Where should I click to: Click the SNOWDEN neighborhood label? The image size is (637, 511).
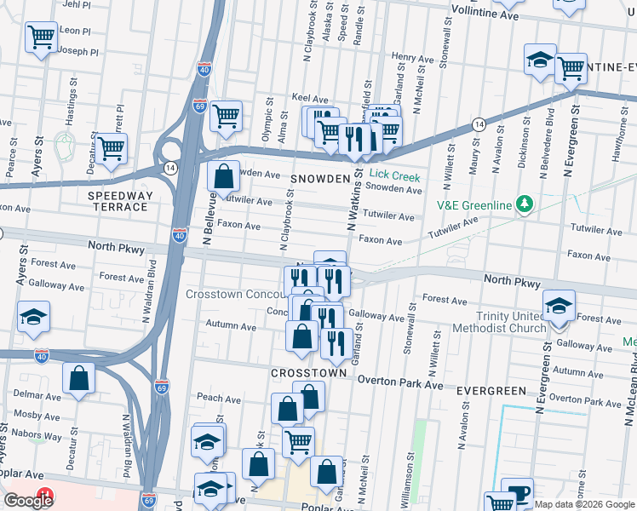pos(319,179)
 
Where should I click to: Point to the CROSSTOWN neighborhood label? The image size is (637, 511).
pos(308,373)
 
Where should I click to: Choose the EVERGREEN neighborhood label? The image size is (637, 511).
pos(491,390)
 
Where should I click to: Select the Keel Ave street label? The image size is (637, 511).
pos(310,99)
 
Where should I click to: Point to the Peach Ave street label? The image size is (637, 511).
pos(219,398)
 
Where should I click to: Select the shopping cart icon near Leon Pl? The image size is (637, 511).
pos(41,37)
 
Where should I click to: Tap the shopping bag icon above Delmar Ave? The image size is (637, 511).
pos(78,378)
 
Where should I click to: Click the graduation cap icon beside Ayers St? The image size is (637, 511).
pos(33,316)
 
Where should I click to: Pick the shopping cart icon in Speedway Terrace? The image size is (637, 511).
pos(111,148)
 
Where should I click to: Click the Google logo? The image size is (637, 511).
pos(28,500)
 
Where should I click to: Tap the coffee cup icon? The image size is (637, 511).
pos(517,492)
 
